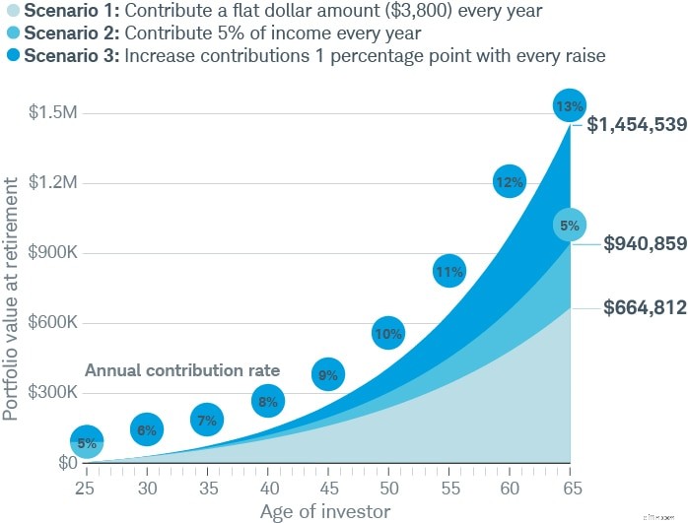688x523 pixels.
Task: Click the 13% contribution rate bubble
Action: click(x=571, y=105)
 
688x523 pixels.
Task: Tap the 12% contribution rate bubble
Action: click(x=509, y=181)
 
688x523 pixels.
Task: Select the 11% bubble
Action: click(x=448, y=272)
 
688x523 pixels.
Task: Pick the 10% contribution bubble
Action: click(x=388, y=333)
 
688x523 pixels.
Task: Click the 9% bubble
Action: click(x=328, y=374)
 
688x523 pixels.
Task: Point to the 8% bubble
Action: click(x=267, y=401)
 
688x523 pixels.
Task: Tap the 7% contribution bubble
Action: click(x=206, y=421)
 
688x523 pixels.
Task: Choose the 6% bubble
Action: click(x=146, y=429)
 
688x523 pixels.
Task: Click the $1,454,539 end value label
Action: click(x=637, y=125)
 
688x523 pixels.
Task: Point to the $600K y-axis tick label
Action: click(x=51, y=323)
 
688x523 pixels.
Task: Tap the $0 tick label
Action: click(x=67, y=463)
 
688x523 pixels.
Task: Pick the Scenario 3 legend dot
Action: click(x=11, y=55)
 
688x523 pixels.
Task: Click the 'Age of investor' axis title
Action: click(x=325, y=511)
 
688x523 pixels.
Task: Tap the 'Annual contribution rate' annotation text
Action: click(x=182, y=371)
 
